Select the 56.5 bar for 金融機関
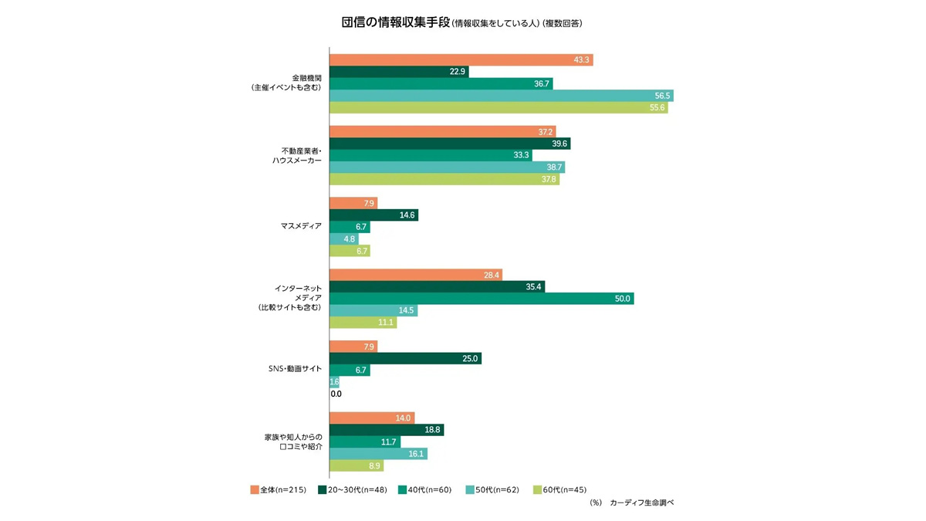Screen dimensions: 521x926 click(x=501, y=96)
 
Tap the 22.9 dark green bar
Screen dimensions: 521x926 click(x=399, y=72)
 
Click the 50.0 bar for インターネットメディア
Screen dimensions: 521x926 click(x=482, y=299)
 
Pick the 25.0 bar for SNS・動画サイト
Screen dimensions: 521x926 click(x=405, y=358)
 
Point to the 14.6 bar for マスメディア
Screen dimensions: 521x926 click(x=373, y=215)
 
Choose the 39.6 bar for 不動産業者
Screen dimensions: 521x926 click(x=450, y=144)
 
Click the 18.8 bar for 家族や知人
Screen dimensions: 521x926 click(x=387, y=430)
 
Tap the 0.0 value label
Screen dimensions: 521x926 click(x=336, y=394)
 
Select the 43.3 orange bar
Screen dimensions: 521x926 click(x=461, y=59)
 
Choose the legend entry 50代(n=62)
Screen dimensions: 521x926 click(x=495, y=489)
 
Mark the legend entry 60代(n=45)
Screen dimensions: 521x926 click(x=563, y=489)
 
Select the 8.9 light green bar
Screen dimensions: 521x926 click(x=357, y=466)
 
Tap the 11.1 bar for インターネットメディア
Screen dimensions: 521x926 click(x=363, y=323)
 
